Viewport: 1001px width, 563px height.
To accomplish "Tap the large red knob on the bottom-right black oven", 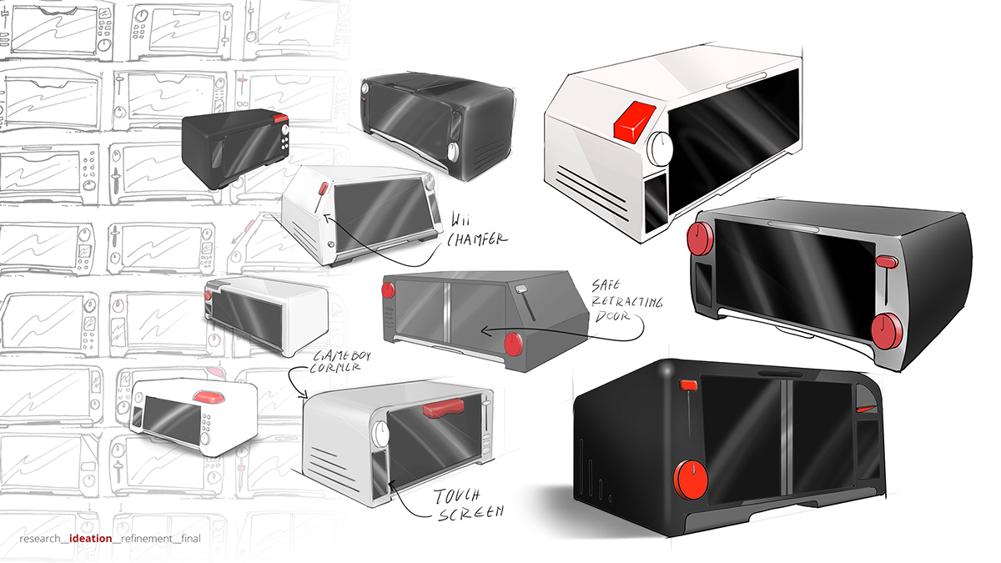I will pyautogui.click(x=690, y=481).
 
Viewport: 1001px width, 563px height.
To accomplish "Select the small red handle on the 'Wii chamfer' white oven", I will pyautogui.click(x=323, y=189).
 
